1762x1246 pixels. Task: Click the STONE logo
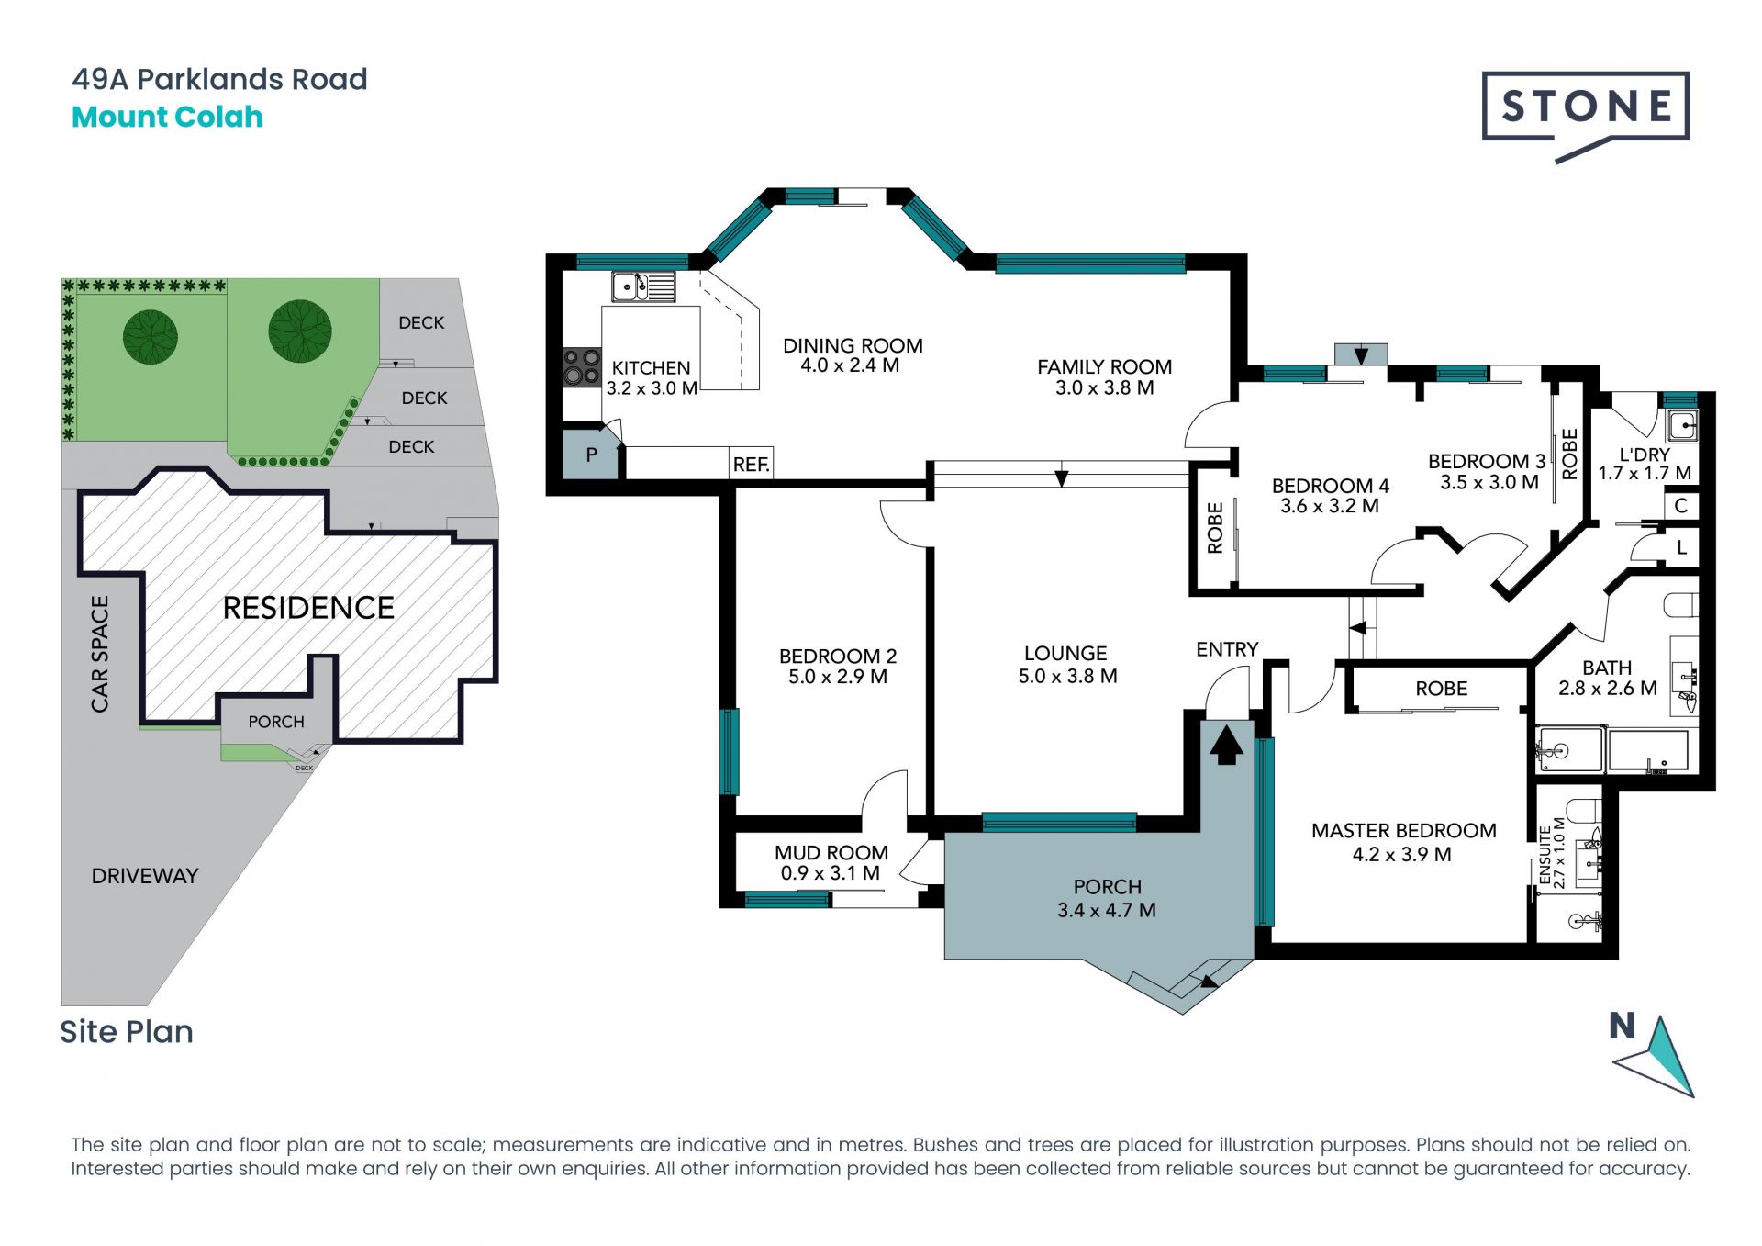[x=1585, y=114]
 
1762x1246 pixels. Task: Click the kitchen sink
[x=643, y=286]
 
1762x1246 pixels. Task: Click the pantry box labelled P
[x=591, y=454]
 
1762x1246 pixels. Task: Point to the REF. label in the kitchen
[x=751, y=465]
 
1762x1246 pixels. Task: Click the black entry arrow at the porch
[x=1226, y=744]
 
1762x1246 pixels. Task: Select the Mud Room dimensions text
[x=831, y=873]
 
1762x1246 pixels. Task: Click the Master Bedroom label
[x=1403, y=831]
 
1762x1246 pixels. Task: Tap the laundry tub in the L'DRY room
[x=1682, y=425]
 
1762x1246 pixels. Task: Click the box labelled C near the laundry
[x=1681, y=505]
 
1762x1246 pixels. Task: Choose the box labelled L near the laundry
[x=1681, y=547]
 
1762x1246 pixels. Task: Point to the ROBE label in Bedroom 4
[x=1215, y=527]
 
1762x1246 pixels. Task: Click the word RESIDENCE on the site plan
[x=308, y=608]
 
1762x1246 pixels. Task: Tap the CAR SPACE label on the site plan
[x=99, y=654]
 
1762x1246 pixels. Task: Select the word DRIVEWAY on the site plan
[x=145, y=876]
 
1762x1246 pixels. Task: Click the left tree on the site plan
[x=151, y=336]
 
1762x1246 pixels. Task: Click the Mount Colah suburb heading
[x=167, y=118]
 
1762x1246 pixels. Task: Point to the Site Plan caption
[x=127, y=1032]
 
